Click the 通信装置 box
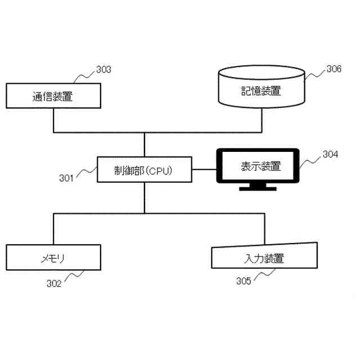(x=53, y=96)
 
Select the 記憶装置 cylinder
(x=261, y=89)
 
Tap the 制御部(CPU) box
(x=144, y=169)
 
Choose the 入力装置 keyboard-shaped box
(x=264, y=258)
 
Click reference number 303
(x=103, y=70)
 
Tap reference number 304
(x=330, y=154)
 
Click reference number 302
(x=53, y=283)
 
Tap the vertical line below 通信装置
(x=53, y=120)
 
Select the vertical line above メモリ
(x=53, y=229)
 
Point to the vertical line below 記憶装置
(x=261, y=120)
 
